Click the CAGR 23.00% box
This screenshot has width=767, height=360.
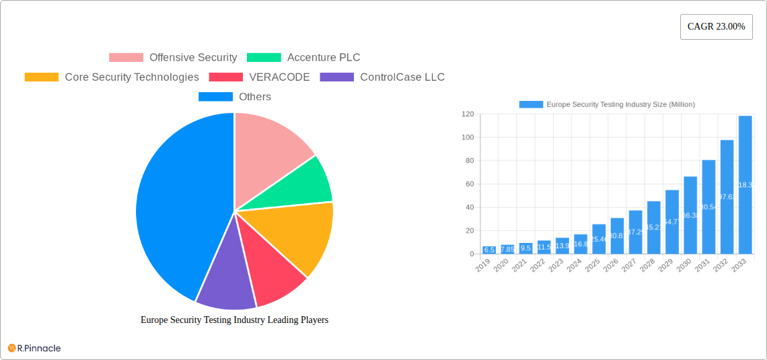[716, 27]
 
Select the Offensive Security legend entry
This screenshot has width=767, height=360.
[173, 58]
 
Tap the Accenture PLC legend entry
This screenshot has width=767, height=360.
[303, 58]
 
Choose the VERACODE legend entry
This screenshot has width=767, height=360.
[259, 77]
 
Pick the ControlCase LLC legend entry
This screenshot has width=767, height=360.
[382, 77]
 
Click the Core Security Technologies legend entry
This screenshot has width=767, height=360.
[112, 77]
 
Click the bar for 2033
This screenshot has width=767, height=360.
[745, 185]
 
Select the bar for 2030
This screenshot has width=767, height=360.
[690, 215]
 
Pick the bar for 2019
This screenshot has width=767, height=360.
[489, 250]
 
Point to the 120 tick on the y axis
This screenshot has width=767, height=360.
[467, 114]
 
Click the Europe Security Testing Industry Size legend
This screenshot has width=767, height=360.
[607, 104]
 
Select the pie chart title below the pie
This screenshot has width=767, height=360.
[234, 320]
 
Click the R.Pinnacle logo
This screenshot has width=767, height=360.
[34, 348]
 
